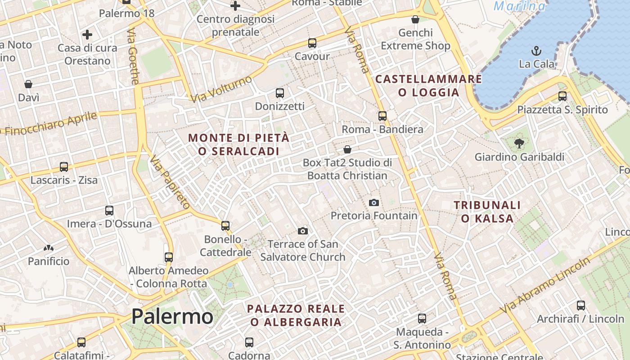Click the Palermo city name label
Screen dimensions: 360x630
coord(172,317)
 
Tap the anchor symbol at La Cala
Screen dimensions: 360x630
coord(536,50)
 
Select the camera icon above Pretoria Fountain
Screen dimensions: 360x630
coord(373,202)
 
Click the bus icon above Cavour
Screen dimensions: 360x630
coord(312,43)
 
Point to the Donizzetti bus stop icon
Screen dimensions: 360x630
coord(280,93)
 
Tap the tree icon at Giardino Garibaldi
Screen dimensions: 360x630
coord(520,144)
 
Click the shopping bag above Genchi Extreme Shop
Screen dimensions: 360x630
coord(415,19)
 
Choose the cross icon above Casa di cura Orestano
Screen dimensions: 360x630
coord(87,34)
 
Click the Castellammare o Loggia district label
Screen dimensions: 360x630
coord(428,85)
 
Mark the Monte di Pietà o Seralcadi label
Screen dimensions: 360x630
coord(238,144)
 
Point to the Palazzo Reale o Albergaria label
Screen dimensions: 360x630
coord(296,315)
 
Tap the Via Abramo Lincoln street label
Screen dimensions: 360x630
coord(545,286)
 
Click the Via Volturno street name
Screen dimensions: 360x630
coord(221,89)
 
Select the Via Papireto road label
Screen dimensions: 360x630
coord(170,182)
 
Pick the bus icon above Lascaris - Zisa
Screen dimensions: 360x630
coord(64,167)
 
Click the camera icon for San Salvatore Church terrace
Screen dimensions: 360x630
coord(303,231)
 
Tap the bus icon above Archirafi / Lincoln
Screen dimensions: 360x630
coord(581,306)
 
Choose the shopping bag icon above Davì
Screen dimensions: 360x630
coord(28,84)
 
